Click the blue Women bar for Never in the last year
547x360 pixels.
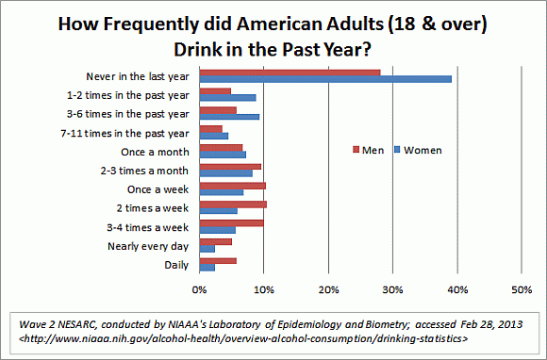click(x=325, y=79)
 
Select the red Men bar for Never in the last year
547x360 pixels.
click(x=290, y=72)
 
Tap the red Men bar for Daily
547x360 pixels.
click(x=218, y=260)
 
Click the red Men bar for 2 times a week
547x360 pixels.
click(x=233, y=204)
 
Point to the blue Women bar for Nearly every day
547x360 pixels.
click(x=207, y=249)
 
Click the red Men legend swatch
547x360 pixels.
click(x=356, y=150)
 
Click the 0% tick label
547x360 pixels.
click(x=200, y=288)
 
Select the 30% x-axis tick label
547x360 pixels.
click(x=392, y=288)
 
